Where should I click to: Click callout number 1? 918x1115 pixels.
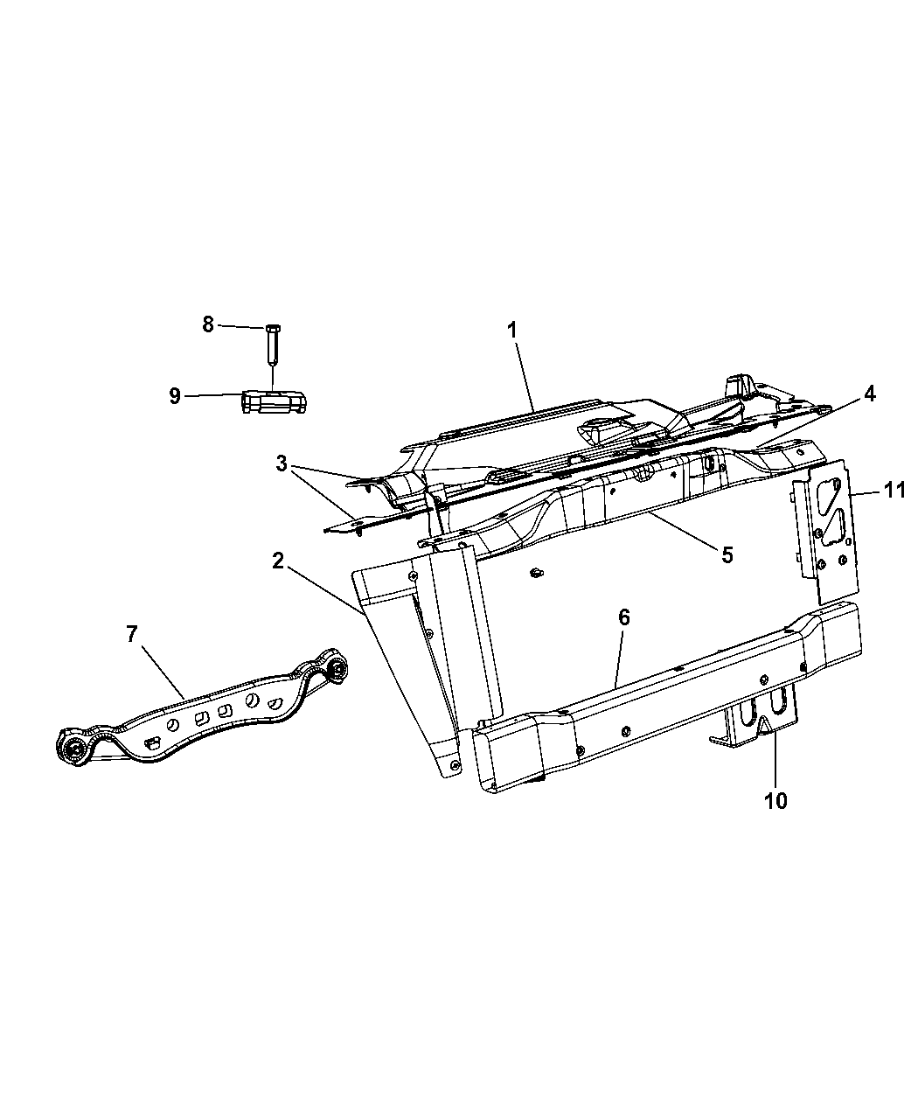512,331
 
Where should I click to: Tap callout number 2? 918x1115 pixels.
278,561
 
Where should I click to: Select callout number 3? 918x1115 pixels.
282,463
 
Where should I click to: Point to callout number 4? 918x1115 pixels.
868,394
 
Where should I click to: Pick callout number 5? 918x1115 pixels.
727,554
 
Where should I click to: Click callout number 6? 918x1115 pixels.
623,617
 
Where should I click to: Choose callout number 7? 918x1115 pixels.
131,634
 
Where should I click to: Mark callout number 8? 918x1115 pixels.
208,325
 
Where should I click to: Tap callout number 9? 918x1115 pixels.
176,396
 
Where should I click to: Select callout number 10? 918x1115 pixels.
775,799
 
